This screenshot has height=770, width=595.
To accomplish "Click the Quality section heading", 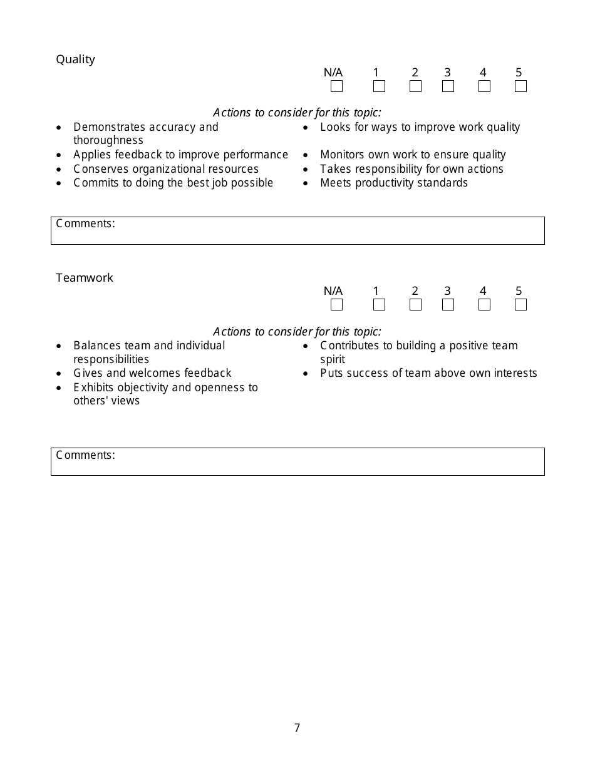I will (75, 59).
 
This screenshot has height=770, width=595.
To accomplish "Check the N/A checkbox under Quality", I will (336, 86).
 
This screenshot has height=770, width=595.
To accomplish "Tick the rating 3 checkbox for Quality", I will (448, 86).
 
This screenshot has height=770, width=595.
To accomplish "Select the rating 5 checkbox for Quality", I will (520, 86).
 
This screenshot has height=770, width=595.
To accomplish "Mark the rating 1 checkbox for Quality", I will (379, 86).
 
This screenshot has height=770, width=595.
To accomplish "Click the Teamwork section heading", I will (85, 278).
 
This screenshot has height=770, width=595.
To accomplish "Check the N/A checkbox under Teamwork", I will (336, 305).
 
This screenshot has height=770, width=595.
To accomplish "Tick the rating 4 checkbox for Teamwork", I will (484, 305).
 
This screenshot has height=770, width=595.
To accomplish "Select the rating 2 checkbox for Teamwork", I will (415, 305).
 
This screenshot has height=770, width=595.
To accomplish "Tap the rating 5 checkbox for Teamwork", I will (520, 305).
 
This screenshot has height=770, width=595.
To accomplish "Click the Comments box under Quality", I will (297, 231).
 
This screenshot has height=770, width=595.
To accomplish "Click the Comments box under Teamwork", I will (297, 462).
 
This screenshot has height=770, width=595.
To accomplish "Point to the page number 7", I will (297, 728).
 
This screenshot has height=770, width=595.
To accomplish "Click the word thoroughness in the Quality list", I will (108, 141).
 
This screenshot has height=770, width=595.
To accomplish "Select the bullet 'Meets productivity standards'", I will (394, 183).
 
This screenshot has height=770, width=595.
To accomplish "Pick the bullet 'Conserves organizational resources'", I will (166, 169).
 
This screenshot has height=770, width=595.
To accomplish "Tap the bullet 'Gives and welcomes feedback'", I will (152, 373).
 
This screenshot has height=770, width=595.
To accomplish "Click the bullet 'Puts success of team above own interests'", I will (428, 373).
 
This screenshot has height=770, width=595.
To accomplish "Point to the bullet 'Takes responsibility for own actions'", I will (411, 169).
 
